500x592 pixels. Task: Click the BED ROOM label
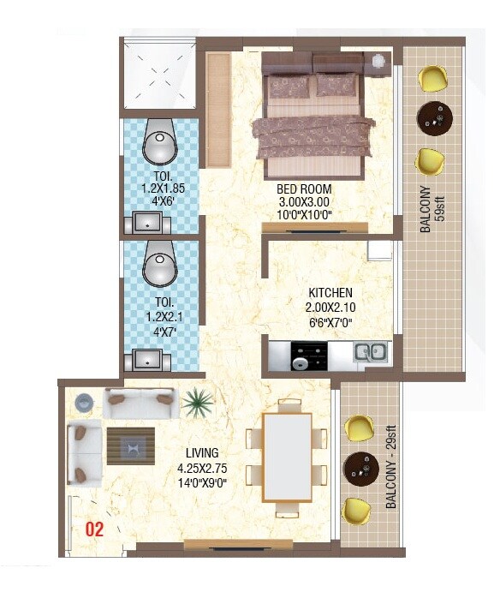[303, 189]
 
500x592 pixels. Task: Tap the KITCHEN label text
[330, 293]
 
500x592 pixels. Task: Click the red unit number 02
[93, 529]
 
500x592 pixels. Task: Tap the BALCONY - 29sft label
[390, 470]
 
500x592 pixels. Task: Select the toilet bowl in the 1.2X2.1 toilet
[158, 266]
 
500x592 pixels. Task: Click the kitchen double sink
[370, 350]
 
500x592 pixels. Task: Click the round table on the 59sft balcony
[433, 117]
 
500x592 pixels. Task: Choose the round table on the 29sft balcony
[360, 467]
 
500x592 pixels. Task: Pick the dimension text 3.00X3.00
[303, 202]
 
